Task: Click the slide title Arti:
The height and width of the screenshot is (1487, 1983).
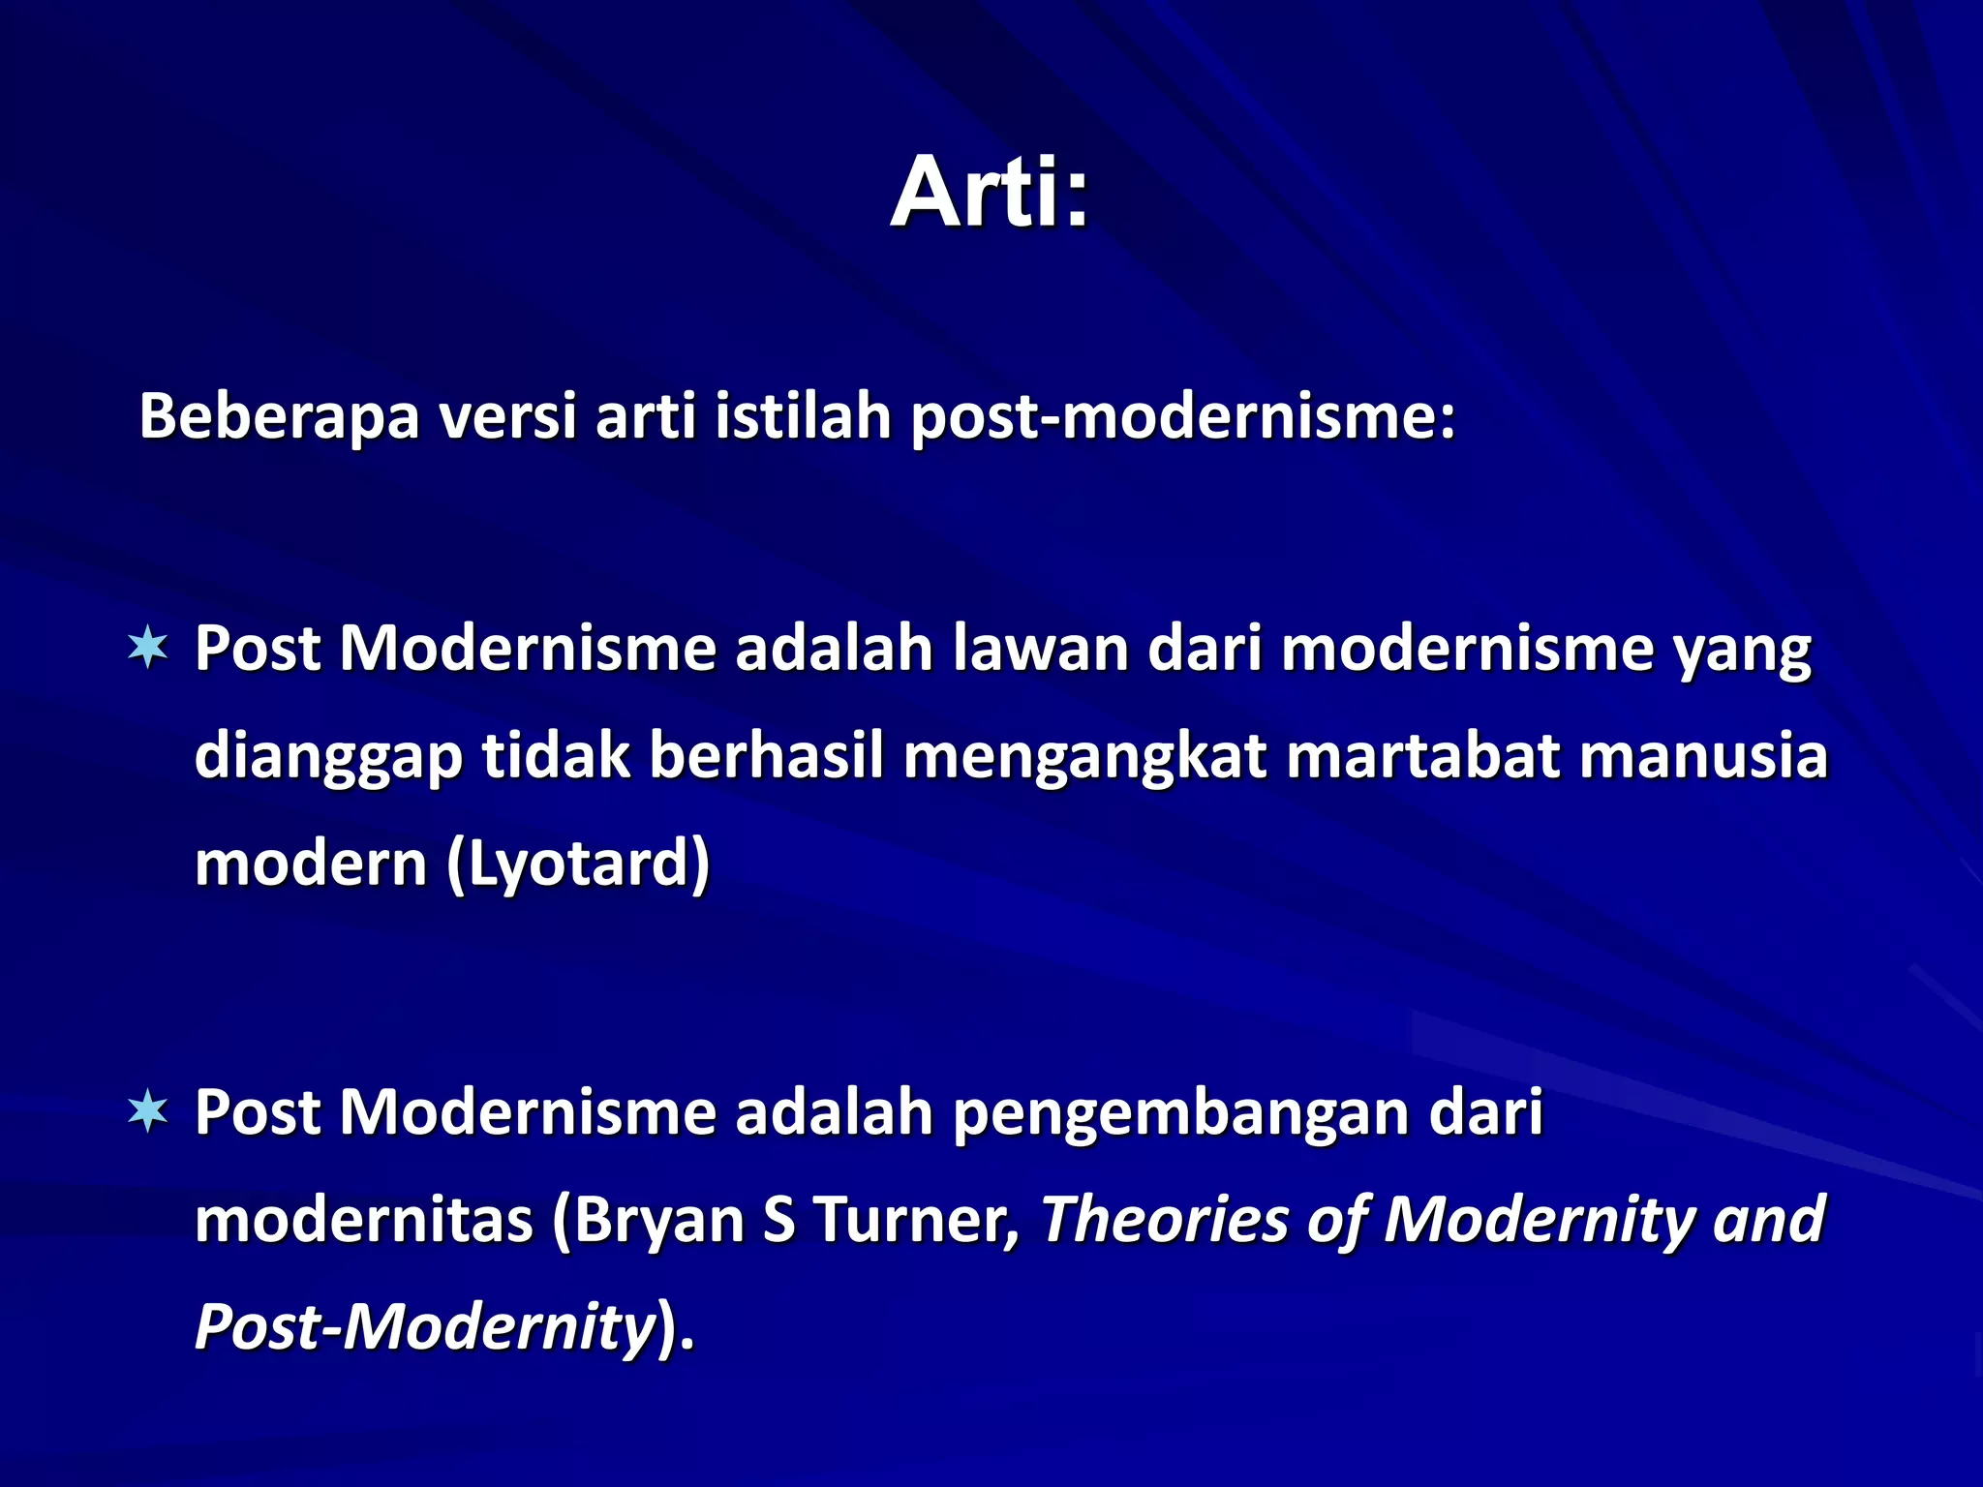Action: (x=990, y=194)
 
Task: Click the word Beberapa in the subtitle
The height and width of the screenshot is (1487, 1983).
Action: (x=279, y=416)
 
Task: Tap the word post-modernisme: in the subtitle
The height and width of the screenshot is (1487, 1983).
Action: (x=1183, y=418)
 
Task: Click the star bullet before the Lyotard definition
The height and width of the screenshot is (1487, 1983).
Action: (x=148, y=648)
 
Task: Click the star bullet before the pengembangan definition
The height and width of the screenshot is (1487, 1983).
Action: (x=148, y=1111)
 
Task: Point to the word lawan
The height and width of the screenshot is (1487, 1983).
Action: (x=1040, y=648)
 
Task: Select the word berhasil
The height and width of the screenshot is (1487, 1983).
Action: (x=766, y=755)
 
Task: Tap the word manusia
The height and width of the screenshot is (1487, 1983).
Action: (x=1703, y=755)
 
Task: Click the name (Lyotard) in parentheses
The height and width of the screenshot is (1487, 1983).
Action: (x=578, y=864)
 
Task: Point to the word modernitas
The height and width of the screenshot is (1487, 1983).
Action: (x=363, y=1220)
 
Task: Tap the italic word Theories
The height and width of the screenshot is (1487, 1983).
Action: (x=1163, y=1220)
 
